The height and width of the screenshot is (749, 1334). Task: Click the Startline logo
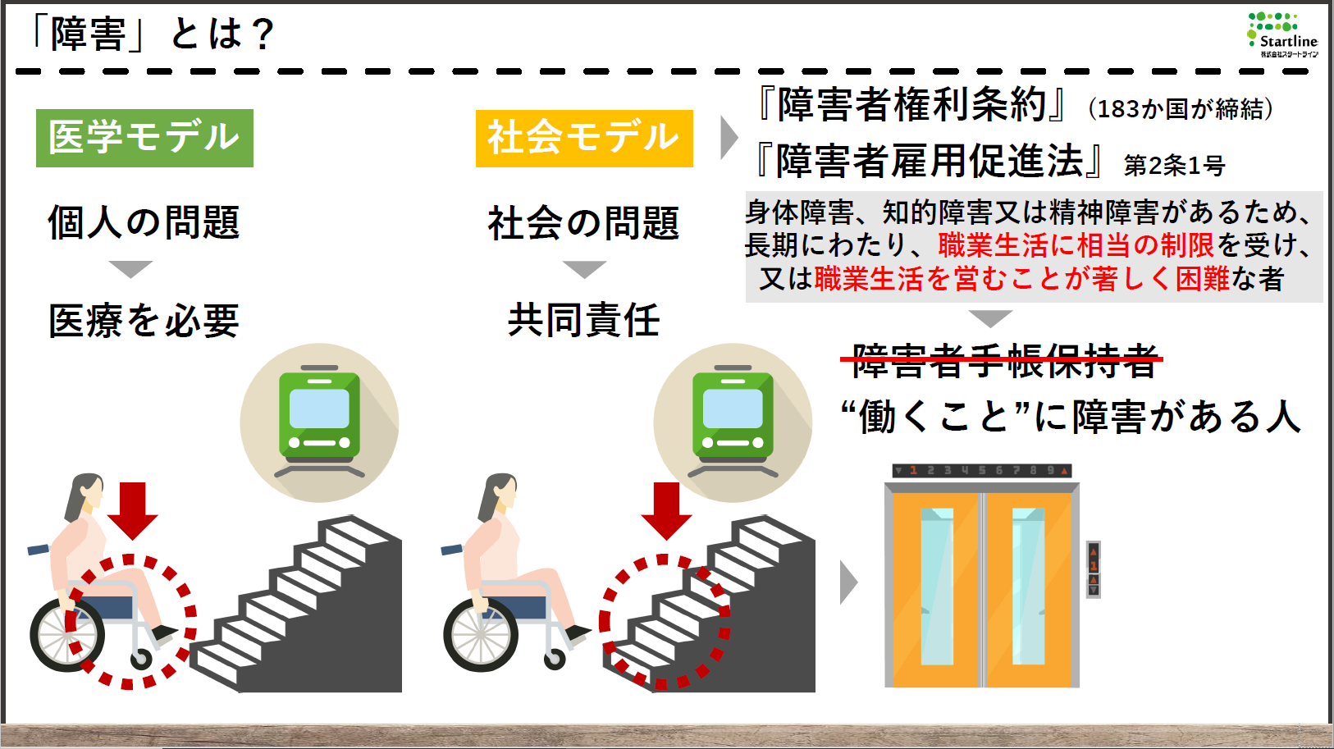(x=1281, y=34)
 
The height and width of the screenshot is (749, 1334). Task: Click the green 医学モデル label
(x=144, y=138)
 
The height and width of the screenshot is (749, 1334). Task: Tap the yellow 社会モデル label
(x=584, y=138)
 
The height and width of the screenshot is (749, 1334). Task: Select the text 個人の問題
(x=144, y=222)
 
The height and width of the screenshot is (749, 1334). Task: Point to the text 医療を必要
(x=144, y=321)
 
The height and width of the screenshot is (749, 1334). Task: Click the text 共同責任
(x=583, y=320)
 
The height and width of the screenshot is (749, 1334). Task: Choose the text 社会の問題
(x=583, y=223)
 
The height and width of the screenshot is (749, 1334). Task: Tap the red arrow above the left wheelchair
(x=132, y=509)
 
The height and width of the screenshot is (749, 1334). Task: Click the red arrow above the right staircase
(x=666, y=509)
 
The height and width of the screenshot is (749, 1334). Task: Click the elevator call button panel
(x=1093, y=569)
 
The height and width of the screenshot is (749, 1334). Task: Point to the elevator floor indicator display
(x=981, y=471)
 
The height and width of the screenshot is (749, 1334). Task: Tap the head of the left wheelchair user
(x=86, y=492)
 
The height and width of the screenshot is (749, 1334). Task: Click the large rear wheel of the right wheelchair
(x=481, y=635)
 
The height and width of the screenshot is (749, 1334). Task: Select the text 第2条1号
(x=1174, y=166)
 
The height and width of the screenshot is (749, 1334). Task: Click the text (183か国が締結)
(x=1181, y=108)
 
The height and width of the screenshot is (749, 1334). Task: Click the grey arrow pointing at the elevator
(x=848, y=582)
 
